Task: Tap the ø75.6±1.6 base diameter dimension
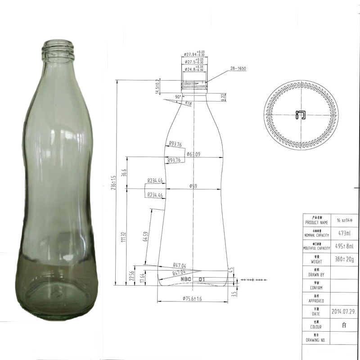(x=193, y=299)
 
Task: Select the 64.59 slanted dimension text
(x=145, y=237)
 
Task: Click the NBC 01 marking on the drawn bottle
(x=193, y=279)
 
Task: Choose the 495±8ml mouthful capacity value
(x=344, y=246)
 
